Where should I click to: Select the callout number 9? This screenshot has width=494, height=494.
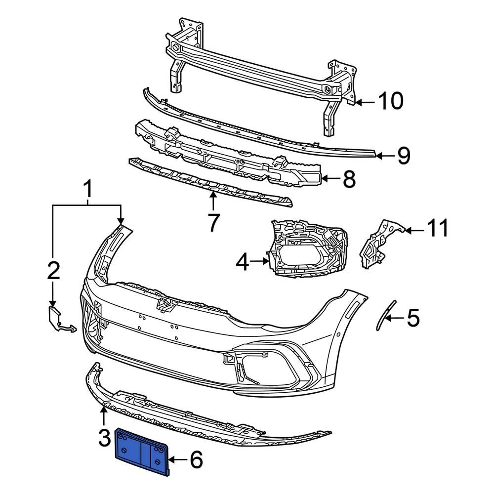[403, 156]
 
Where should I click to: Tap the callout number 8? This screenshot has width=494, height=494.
[349, 180]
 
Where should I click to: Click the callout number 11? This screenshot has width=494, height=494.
[437, 229]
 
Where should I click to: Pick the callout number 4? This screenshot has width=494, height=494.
[243, 262]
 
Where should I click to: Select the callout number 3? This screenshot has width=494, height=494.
[104, 438]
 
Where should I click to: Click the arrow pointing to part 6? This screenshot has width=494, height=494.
[177, 460]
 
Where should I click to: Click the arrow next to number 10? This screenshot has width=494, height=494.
[365, 102]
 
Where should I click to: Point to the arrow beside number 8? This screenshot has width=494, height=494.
[330, 180]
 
